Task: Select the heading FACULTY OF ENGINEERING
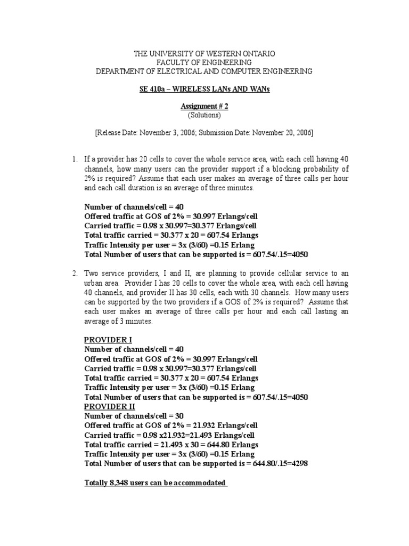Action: pyautogui.click(x=204, y=62)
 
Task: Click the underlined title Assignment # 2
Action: pyautogui.click(x=204, y=106)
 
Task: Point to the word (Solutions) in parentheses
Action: pyautogui.click(x=204, y=115)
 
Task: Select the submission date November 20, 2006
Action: pyautogui.click(x=279, y=132)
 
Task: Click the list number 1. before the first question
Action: pyautogui.click(x=75, y=159)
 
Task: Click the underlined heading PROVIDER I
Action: pyautogui.click(x=108, y=340)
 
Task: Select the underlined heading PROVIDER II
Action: pyautogui.click(x=110, y=406)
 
